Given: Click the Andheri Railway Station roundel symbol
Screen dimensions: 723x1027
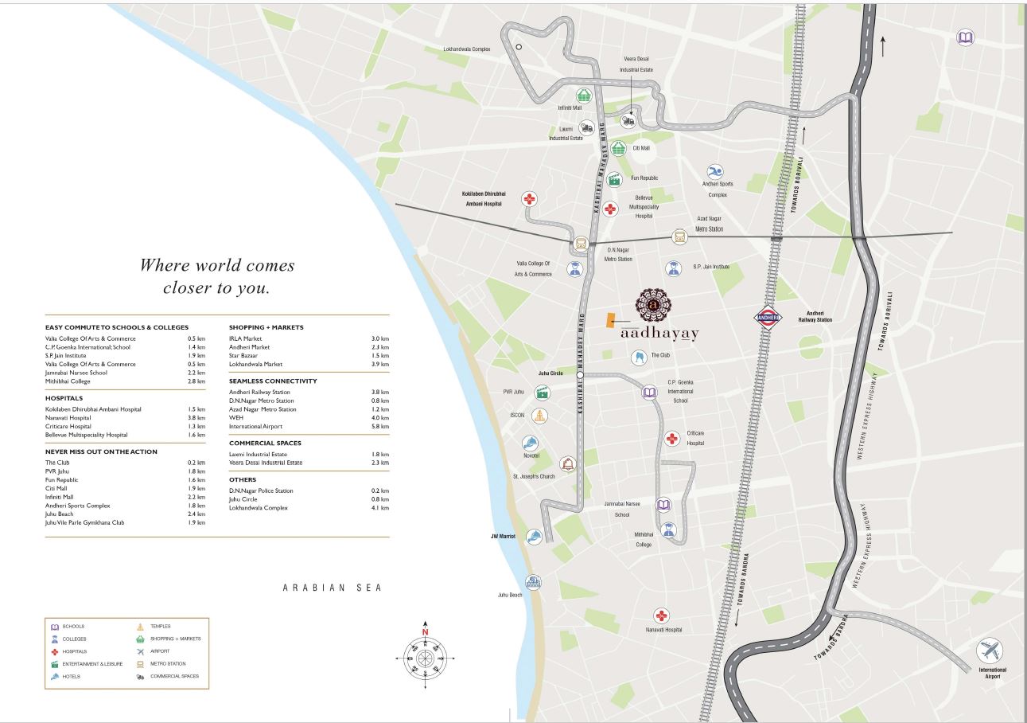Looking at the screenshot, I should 769,318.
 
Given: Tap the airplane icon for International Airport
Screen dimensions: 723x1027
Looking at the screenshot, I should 990,651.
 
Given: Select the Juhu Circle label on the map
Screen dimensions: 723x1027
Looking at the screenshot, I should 550,373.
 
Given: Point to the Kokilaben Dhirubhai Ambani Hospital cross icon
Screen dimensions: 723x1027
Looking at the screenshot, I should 530,199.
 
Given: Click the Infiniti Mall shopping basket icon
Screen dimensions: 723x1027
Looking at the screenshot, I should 585,96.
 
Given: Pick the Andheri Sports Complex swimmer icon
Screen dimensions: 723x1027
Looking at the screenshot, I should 714,172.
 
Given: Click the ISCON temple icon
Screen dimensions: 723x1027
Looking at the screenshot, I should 540,416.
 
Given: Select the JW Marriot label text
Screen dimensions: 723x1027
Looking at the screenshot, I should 503,536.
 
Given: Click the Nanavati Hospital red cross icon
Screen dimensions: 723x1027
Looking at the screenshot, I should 661,615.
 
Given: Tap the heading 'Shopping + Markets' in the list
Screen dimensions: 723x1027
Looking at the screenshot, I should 266,327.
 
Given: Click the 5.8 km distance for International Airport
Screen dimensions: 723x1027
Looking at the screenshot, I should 381,426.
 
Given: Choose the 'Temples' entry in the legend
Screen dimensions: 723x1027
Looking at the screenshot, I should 160,626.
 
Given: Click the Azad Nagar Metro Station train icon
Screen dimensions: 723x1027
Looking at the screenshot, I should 679,236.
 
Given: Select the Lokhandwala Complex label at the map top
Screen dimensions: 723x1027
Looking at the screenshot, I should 467,49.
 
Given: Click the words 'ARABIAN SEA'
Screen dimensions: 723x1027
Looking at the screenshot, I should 333,588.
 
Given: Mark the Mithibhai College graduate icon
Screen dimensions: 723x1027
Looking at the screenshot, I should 668,529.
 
